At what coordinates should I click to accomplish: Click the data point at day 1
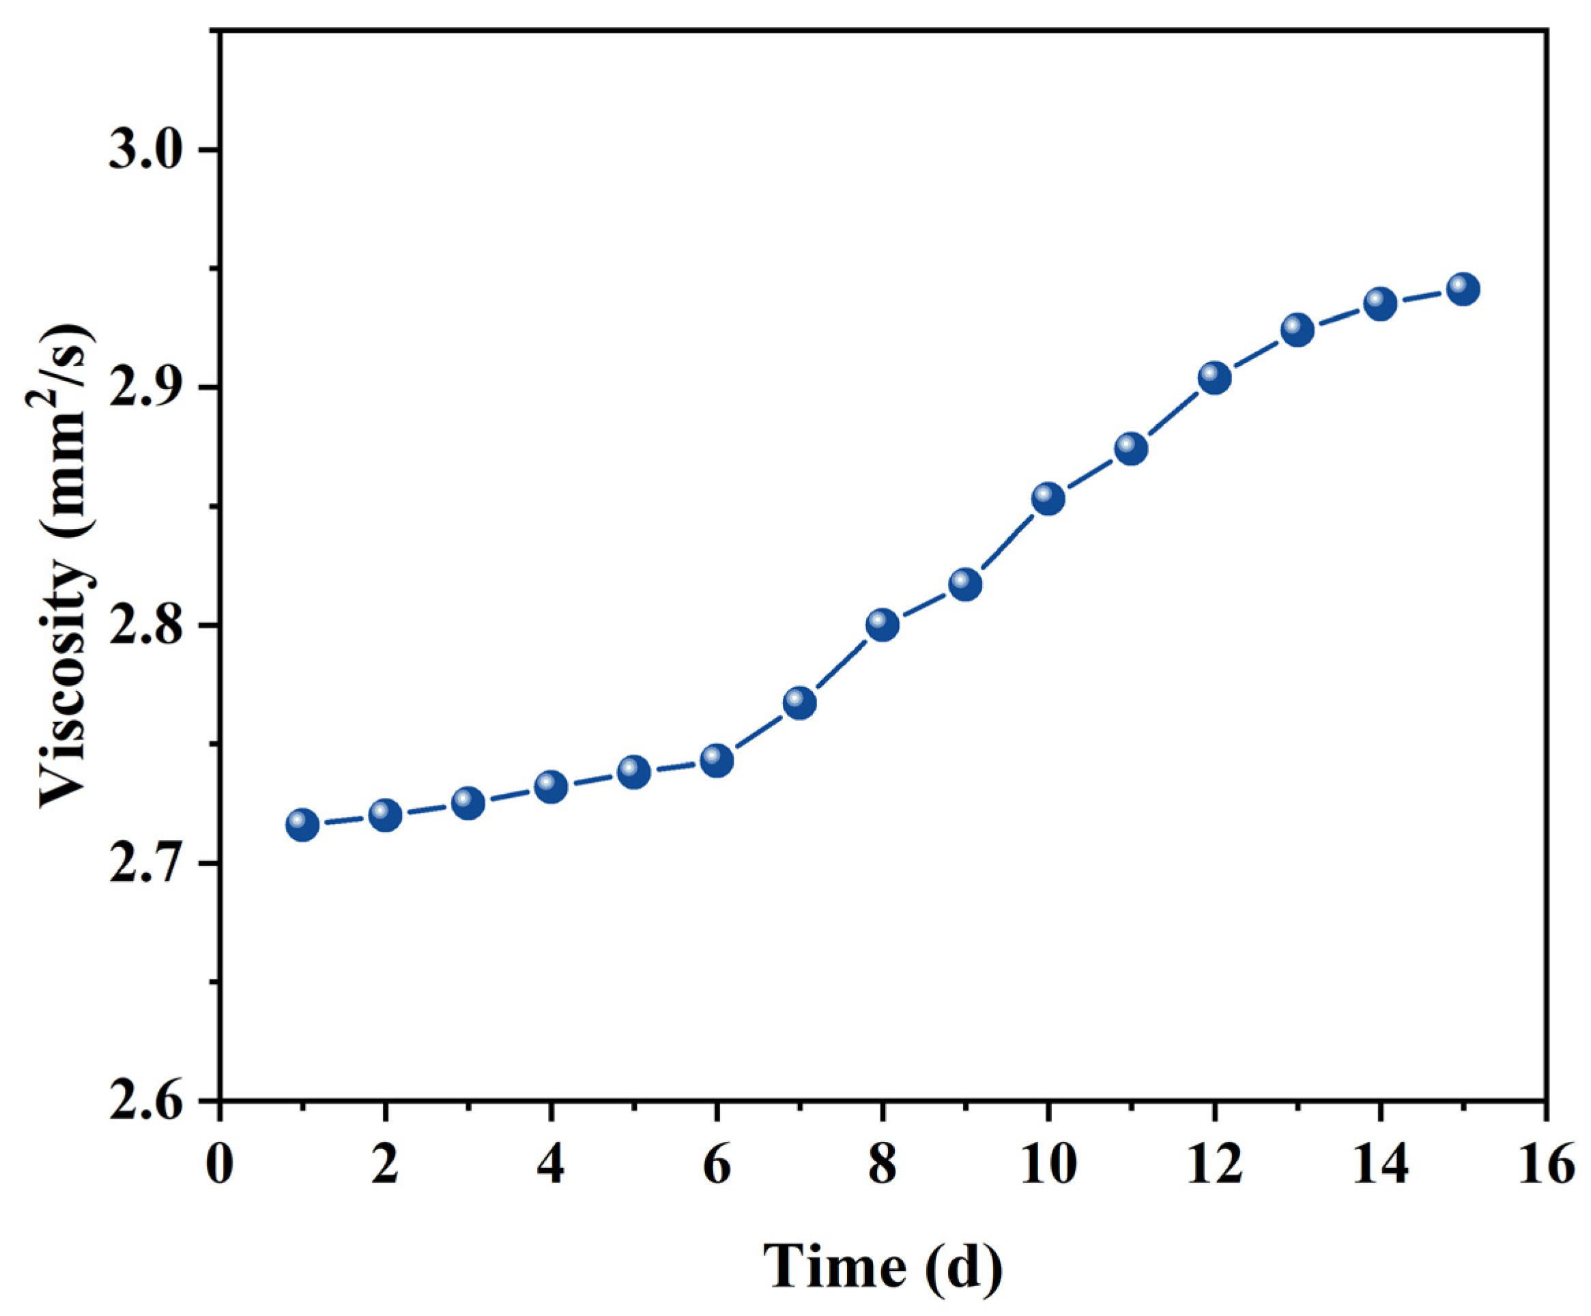pos(302,825)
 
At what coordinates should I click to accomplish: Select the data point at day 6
pos(717,760)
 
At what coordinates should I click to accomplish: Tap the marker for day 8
pos(882,625)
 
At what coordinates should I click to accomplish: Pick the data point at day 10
pos(1048,498)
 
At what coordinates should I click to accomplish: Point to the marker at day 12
pos(1214,377)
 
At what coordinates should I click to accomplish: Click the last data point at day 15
pos(1463,289)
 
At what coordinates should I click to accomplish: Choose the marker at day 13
pos(1298,330)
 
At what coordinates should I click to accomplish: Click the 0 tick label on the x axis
pos(220,1164)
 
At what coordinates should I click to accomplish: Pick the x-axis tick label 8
pos(882,1164)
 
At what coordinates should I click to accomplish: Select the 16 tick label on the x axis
pos(1545,1164)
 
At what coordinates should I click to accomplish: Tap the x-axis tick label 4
pos(551,1164)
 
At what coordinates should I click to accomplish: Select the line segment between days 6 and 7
pos(758,732)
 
